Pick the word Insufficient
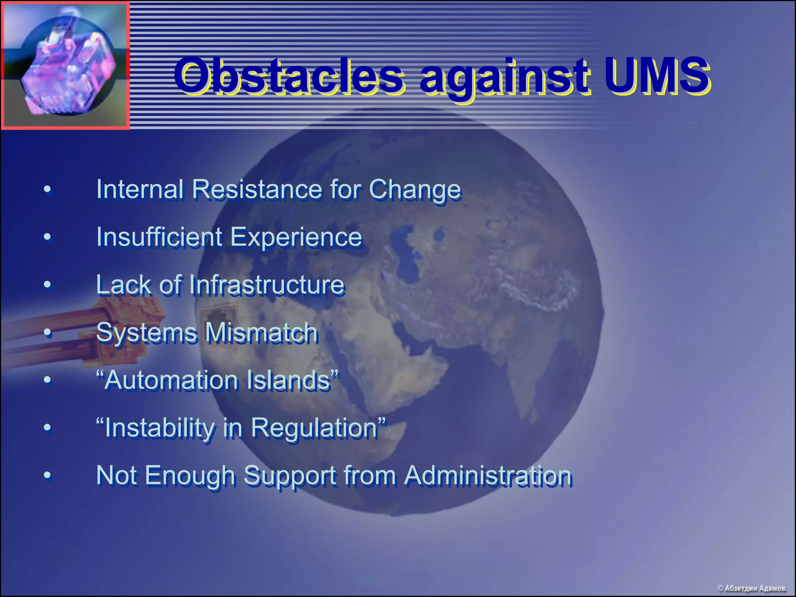[159, 237]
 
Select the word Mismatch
[261, 333]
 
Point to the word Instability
[159, 428]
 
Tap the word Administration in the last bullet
[488, 475]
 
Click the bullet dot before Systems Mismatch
[47, 333]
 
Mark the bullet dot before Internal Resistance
[47, 189]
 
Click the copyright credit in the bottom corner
[751, 588]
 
